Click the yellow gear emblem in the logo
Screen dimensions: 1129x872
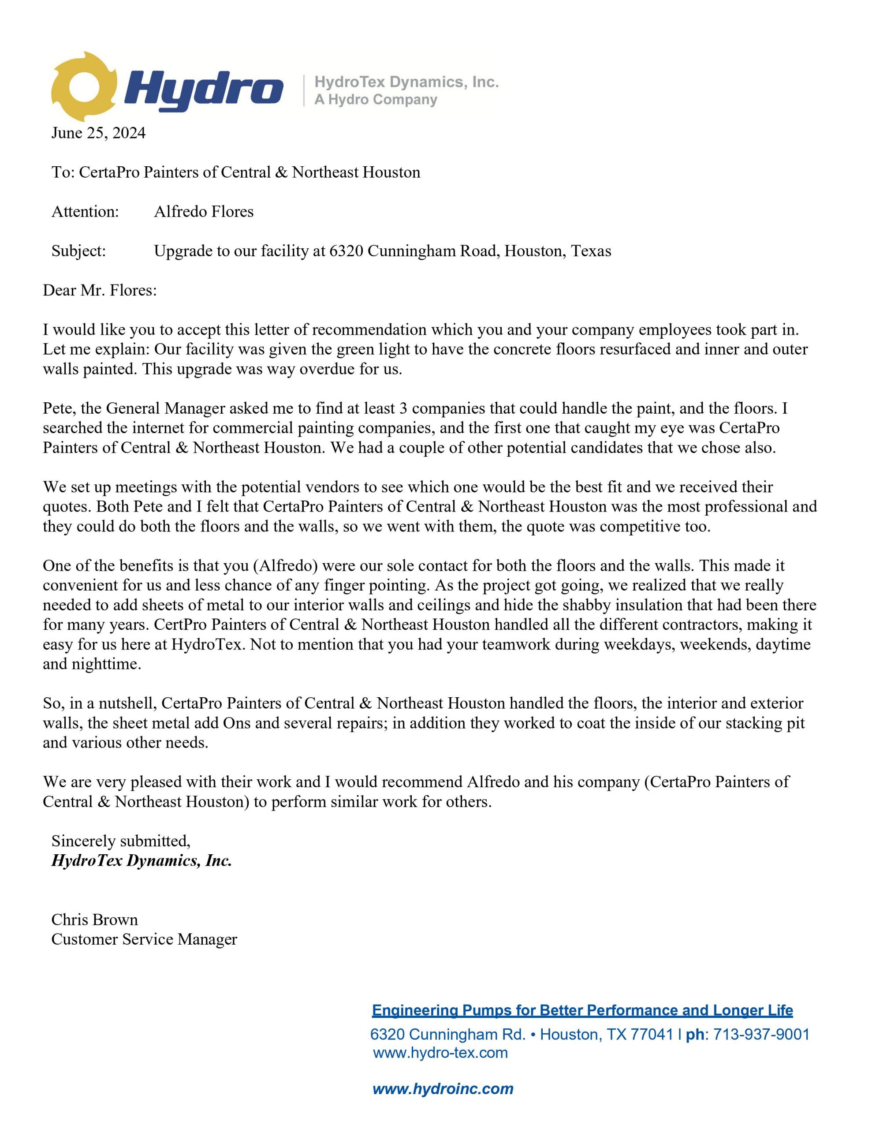click(83, 86)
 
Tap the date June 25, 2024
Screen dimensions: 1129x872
click(98, 133)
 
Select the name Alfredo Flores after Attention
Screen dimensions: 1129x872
click(204, 211)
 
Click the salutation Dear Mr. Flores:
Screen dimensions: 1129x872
click(100, 290)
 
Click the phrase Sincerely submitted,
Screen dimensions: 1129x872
click(121, 841)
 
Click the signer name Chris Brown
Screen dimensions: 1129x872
click(95, 920)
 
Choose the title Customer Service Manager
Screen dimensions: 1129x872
click(144, 939)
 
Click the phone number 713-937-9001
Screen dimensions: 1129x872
click(761, 1034)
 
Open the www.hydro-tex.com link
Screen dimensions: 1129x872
click(440, 1053)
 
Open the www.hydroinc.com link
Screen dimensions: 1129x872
click(443, 1089)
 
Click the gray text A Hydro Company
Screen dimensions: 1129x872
click(376, 99)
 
